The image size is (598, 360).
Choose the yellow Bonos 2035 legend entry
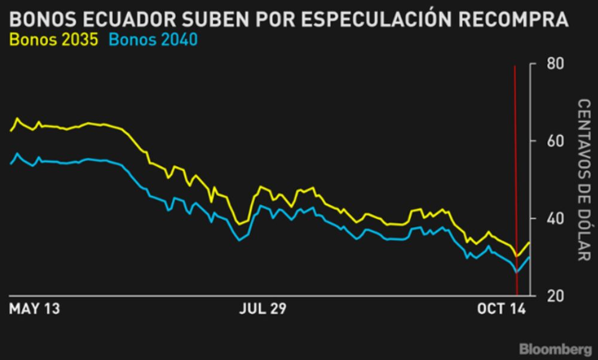coord(54,41)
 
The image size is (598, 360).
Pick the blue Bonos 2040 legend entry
coord(154,41)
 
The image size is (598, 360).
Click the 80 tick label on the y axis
coord(554,63)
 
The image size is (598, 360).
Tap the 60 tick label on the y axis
coord(554,141)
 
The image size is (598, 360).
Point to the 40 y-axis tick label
coord(554,218)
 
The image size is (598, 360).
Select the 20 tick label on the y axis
coord(554,295)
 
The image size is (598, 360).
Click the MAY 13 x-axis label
coord(35,309)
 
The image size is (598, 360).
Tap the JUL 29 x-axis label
coord(263,309)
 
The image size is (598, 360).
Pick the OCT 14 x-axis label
coord(501,309)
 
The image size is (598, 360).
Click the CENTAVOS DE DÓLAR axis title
coord(583,180)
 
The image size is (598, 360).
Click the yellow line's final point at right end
coord(529,242)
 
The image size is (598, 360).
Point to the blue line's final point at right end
coord(529,257)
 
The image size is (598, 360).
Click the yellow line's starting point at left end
coord(11,130)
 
